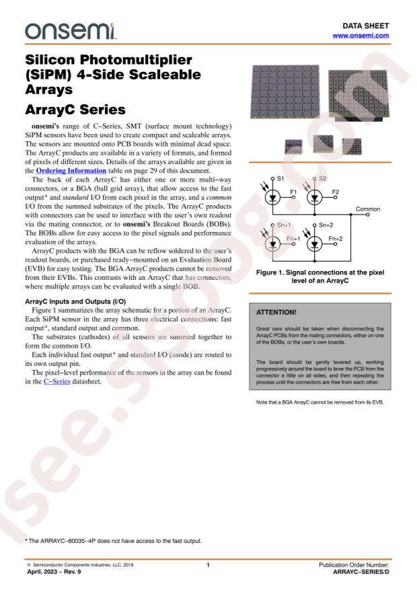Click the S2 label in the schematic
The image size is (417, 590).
[x=323, y=178]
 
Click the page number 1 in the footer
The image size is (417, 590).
[x=208, y=564]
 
